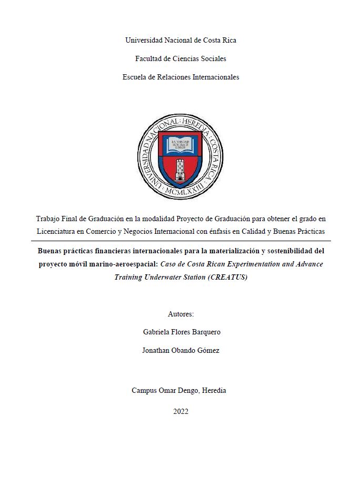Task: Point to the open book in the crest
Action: point(180,144)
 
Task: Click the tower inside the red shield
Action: point(181,169)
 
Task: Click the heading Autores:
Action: point(181,314)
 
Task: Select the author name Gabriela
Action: point(158,332)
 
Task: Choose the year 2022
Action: point(181,411)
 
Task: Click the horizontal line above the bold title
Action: point(181,241)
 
